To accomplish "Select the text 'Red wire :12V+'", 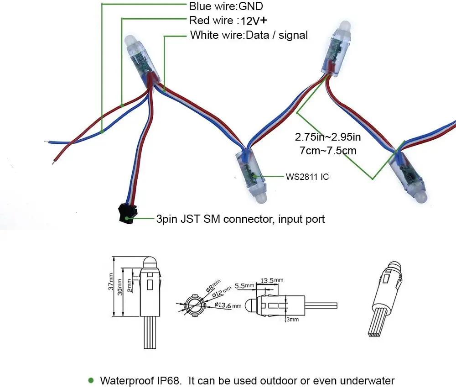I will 228,21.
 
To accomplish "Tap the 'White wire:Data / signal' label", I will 249,35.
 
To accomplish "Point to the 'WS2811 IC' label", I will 307,176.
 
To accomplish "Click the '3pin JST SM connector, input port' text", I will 240,219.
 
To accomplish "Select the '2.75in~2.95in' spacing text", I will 327,137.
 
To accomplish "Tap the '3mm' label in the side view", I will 292,320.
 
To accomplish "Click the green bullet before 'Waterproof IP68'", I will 91,380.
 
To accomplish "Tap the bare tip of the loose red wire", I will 54,161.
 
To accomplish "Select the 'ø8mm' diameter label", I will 212,286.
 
